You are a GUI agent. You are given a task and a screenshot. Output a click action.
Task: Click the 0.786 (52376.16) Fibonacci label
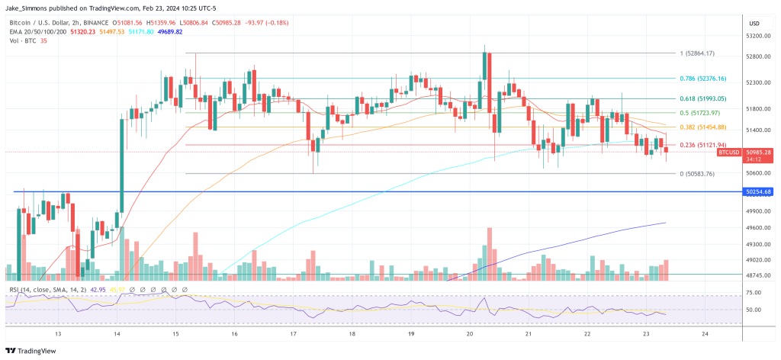coord(704,78)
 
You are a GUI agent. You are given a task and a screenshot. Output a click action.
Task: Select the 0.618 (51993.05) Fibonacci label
coord(704,98)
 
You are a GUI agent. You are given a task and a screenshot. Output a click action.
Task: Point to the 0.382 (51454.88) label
coord(704,127)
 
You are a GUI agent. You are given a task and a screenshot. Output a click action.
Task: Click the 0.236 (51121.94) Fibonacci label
coord(704,145)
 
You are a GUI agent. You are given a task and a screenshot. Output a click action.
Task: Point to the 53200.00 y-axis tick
coord(757,36)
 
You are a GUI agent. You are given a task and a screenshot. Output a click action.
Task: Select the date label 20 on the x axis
coord(469,335)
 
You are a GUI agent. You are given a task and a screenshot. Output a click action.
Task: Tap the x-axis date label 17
coord(293,335)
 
